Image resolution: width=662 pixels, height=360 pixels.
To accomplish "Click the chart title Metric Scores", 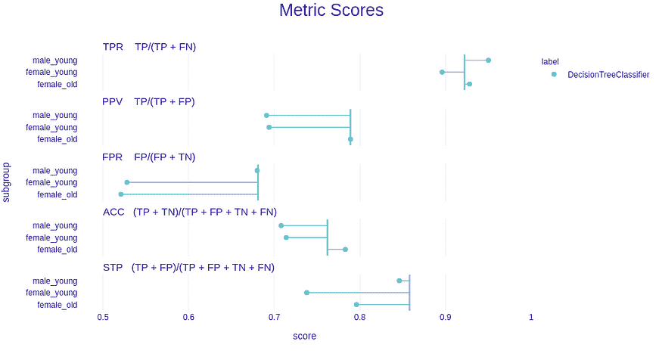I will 331,11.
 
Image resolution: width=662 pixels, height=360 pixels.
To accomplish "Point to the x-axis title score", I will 304,336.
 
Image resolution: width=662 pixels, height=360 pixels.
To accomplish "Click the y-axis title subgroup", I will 7,182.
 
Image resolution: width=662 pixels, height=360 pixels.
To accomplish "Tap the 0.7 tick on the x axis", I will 274,316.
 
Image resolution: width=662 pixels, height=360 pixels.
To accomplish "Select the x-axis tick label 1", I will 530,316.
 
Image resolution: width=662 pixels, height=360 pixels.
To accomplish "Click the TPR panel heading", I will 149,47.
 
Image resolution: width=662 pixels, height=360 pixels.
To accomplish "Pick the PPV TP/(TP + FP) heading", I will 148,101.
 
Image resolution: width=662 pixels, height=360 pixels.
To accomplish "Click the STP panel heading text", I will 188,268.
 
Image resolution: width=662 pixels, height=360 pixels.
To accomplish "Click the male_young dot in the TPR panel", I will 488,60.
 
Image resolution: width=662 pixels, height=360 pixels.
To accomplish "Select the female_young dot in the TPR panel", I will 442,72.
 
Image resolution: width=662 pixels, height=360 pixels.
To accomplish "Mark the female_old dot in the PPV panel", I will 350,139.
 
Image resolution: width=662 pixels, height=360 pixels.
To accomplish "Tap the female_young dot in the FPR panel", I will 127,182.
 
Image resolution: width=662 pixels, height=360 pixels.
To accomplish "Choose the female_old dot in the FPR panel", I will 120,194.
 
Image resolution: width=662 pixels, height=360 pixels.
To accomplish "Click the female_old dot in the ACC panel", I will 345,250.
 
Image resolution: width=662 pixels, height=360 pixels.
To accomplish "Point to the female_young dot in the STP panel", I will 306,293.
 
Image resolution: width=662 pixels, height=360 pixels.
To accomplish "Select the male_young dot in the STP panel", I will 399,281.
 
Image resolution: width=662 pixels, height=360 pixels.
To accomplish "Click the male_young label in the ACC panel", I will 54,225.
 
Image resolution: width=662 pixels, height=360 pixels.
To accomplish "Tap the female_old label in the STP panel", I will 57,305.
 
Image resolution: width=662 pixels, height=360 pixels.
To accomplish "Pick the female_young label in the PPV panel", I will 51,127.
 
